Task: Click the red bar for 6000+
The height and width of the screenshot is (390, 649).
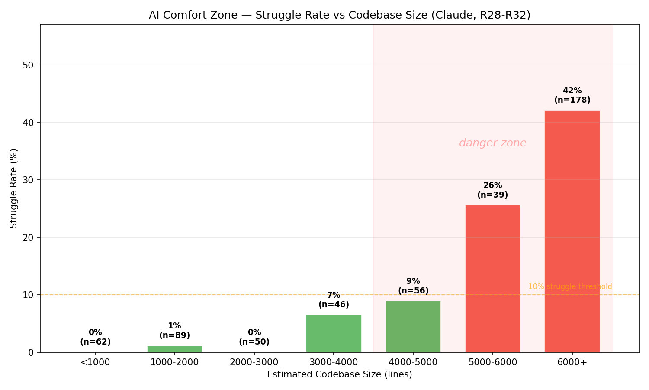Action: pos(572,231)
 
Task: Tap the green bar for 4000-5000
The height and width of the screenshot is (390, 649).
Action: pos(413,327)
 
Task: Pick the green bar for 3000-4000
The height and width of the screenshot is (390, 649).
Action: pos(334,334)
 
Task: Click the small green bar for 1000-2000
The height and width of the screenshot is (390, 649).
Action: pos(174,349)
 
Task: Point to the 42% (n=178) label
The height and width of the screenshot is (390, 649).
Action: pos(572,95)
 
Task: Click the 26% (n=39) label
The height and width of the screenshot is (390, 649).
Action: pos(492,190)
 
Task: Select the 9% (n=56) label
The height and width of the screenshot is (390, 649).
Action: pos(413,286)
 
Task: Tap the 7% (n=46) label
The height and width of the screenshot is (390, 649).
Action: pos(334,300)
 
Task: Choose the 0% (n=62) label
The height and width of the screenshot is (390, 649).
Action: pos(95,337)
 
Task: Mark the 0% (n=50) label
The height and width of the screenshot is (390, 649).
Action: pos(254,337)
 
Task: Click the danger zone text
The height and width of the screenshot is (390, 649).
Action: pos(492,143)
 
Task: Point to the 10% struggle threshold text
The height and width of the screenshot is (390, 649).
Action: pos(570,286)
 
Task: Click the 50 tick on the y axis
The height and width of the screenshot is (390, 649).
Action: pos(29,65)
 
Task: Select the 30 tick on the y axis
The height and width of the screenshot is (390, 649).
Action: pos(29,180)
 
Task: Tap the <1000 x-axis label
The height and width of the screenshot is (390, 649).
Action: pos(95,362)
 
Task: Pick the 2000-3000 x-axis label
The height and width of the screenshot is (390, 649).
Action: pos(254,362)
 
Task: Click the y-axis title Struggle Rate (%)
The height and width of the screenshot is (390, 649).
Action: pos(14,188)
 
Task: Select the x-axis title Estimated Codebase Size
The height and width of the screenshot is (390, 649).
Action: pos(339,374)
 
